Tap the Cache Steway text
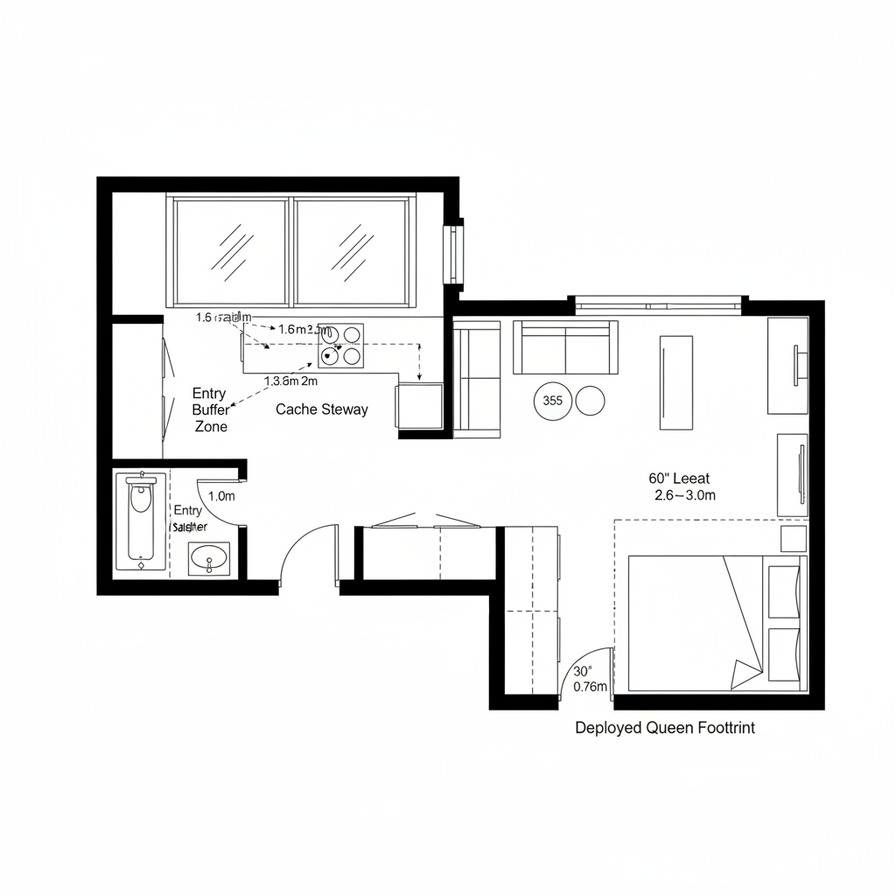click(x=322, y=409)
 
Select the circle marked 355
click(x=552, y=402)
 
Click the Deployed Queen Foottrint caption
click(x=665, y=727)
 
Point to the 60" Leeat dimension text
click(x=679, y=479)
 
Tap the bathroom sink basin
click(x=209, y=557)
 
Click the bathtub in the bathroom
click(x=140, y=521)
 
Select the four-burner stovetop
click(x=340, y=345)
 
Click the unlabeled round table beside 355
click(x=590, y=402)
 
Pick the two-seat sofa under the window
click(x=565, y=347)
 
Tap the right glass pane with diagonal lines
click(x=351, y=249)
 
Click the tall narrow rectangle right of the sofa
click(x=675, y=382)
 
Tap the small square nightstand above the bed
click(x=793, y=538)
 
